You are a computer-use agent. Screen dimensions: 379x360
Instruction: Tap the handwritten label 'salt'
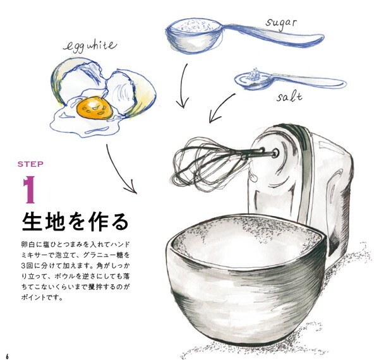tap(289, 97)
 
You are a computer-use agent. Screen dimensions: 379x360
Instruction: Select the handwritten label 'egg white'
tap(90, 46)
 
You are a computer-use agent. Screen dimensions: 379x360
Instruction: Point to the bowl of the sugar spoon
tap(195, 35)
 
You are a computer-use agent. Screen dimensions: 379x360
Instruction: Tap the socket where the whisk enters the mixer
tap(275, 153)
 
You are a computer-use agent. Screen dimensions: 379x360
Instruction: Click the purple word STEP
tap(30, 164)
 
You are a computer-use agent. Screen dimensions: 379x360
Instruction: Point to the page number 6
tap(8, 356)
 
